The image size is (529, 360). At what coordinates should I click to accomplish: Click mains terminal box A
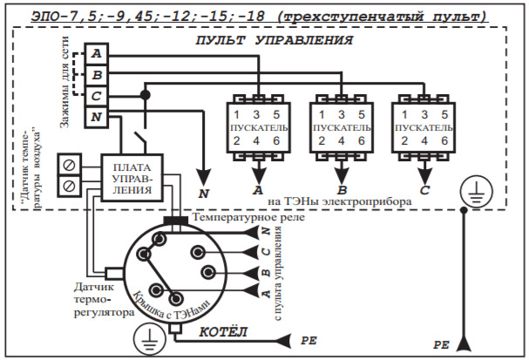[96, 54]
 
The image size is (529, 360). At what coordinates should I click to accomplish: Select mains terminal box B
[96, 75]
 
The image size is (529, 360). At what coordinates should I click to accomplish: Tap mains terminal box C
[96, 96]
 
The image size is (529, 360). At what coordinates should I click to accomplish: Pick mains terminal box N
[96, 117]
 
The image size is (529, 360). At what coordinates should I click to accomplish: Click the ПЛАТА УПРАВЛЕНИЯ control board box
[132, 178]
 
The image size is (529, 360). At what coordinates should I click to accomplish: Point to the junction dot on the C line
[145, 95]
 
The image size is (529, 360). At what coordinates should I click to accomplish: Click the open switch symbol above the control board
[141, 139]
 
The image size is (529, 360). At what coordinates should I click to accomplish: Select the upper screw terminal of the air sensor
[69, 165]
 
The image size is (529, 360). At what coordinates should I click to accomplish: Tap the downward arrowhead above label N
[203, 177]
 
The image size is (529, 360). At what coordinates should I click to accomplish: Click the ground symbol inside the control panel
[477, 191]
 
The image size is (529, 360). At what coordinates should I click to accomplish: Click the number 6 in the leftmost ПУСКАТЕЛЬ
[276, 140]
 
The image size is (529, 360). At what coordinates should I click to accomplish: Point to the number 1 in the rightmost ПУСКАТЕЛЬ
[404, 115]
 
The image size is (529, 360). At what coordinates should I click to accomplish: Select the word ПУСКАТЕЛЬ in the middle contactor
[342, 128]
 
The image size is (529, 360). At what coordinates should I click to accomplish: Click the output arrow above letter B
[342, 172]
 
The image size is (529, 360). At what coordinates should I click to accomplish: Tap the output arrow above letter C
[424, 172]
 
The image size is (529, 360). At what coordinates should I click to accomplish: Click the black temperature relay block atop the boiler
[176, 221]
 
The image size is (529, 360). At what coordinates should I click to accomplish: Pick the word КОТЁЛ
[223, 332]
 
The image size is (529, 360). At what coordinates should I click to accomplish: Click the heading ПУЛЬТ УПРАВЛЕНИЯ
[274, 40]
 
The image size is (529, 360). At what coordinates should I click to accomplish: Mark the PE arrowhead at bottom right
[464, 343]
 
